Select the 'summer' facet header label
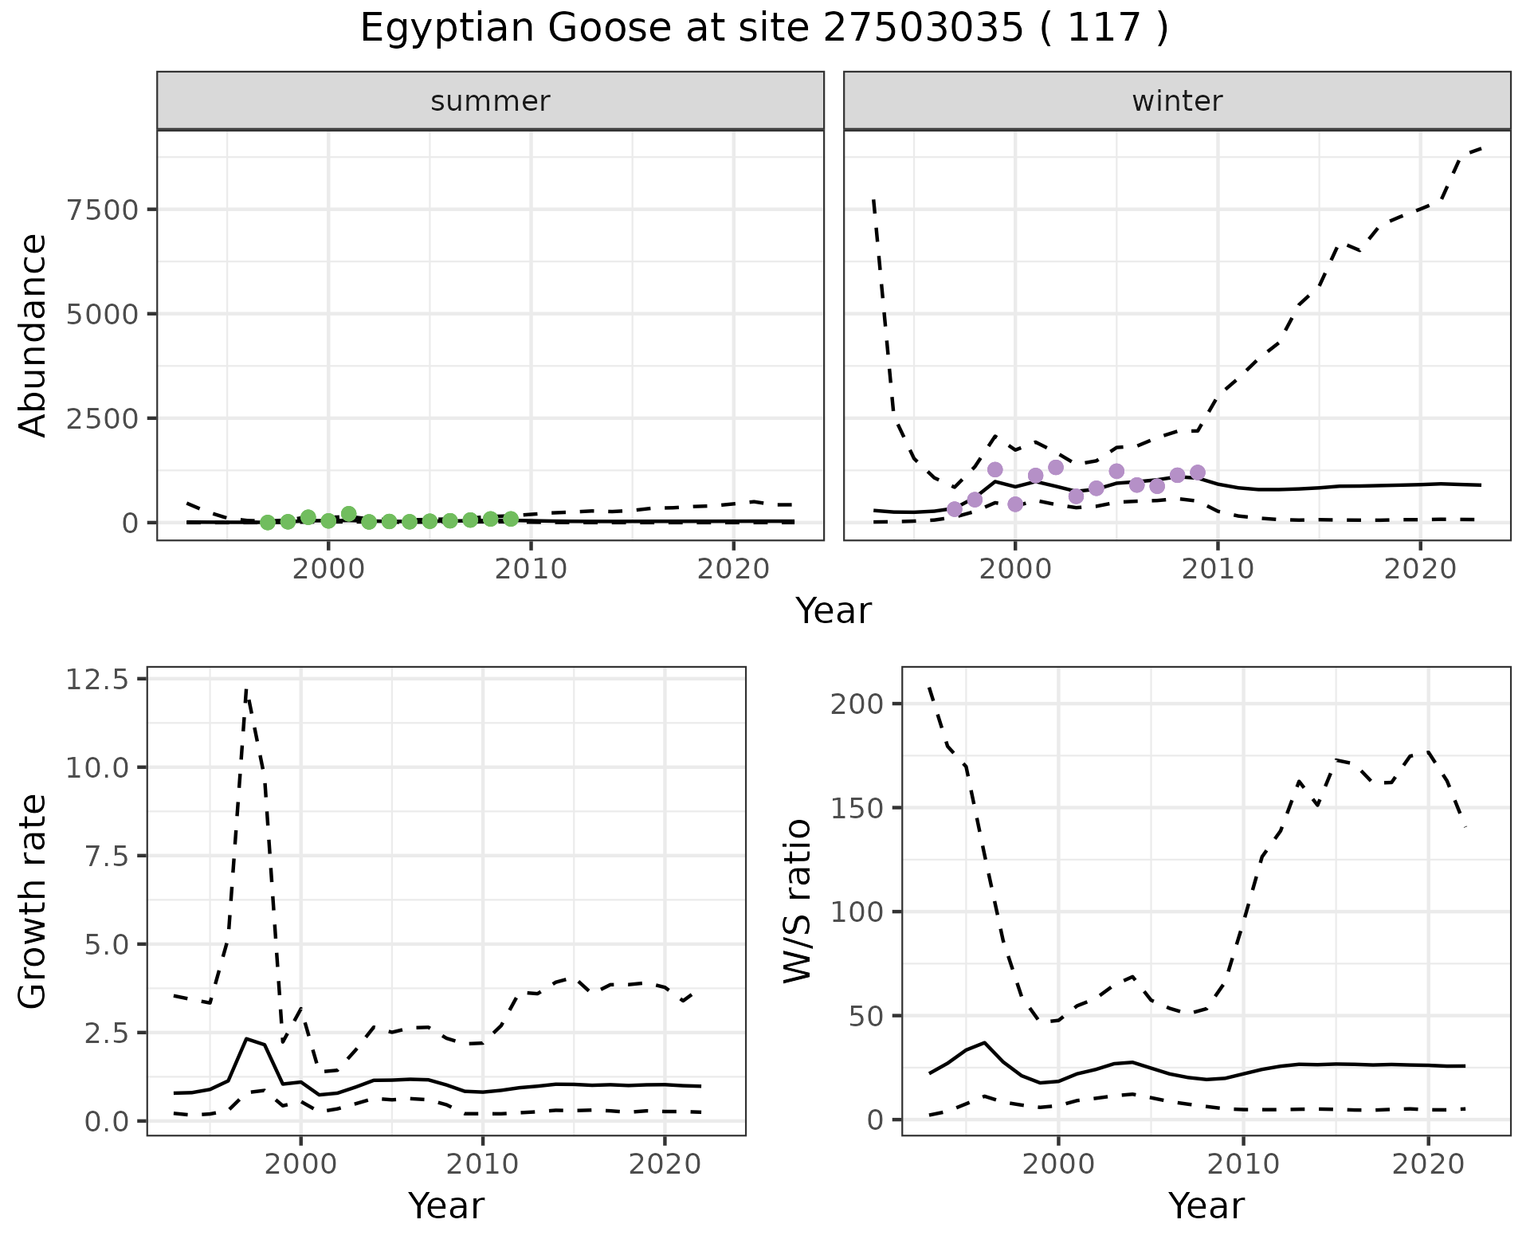[490, 101]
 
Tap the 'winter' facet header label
[1177, 101]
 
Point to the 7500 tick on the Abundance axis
[103, 210]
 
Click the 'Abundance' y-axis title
[33, 335]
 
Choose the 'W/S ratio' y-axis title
[797, 901]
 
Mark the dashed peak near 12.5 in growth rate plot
[246, 690]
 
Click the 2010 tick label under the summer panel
[531, 569]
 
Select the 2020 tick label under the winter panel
[1419, 569]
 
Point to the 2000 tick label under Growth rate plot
[300, 1164]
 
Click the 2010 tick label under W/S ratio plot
[1243, 1164]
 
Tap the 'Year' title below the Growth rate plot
[445, 1206]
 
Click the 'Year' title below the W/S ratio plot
[1206, 1206]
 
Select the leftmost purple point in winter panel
[955, 509]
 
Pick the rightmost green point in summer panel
[511, 519]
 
